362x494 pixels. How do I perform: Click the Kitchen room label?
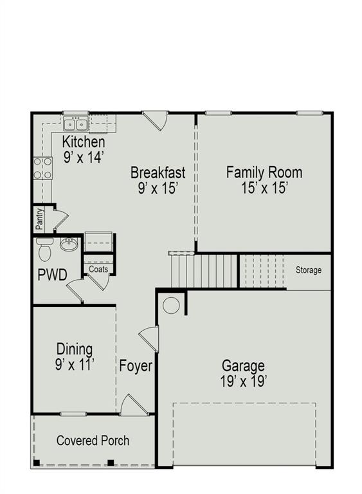[84, 142]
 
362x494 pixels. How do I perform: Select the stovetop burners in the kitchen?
[42, 168]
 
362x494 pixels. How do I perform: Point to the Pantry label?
[40, 219]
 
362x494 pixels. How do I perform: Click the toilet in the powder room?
[44, 248]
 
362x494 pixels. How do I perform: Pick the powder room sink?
[69, 244]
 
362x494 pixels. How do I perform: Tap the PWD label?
[52, 275]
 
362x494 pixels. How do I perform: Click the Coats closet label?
[98, 270]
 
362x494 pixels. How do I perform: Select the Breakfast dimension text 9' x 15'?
[158, 188]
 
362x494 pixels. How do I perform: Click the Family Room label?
[264, 172]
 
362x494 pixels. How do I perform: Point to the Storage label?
[308, 270]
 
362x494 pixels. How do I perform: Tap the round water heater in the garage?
[171, 305]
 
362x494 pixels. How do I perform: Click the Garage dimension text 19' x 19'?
[243, 381]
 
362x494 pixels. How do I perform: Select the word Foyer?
[136, 366]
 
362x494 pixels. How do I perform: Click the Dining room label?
[75, 349]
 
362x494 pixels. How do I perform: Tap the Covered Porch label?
[93, 441]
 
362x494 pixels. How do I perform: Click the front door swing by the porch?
[133, 405]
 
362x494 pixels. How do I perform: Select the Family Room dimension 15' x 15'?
[264, 188]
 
